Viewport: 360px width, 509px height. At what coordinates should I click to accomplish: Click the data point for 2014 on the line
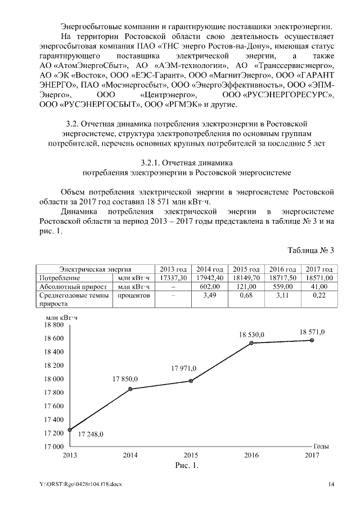pyautogui.click(x=130, y=389)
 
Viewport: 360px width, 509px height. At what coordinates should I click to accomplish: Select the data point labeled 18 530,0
pyautogui.click(x=251, y=343)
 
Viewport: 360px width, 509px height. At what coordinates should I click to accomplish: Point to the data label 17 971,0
pyautogui.click(x=183, y=368)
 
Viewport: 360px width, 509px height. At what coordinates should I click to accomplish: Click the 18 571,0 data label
pyautogui.click(x=312, y=332)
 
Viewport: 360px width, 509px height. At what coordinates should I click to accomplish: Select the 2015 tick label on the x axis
pyautogui.click(x=191, y=455)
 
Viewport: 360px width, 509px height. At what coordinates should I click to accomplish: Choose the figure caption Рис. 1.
pyautogui.click(x=184, y=466)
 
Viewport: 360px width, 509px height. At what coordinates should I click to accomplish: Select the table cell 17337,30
pyautogui.click(x=173, y=277)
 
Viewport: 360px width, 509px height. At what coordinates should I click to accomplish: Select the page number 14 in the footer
pyautogui.click(x=332, y=484)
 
